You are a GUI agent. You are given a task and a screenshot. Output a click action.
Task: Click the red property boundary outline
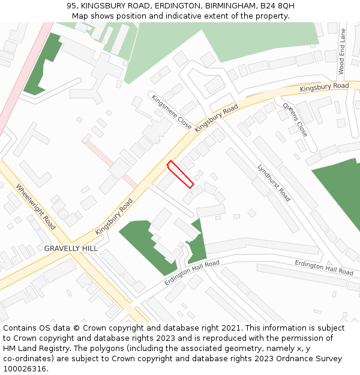coord(180,174)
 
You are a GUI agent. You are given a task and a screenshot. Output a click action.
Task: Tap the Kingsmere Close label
coord(171,112)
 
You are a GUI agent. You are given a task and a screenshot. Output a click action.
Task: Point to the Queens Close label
coord(295,119)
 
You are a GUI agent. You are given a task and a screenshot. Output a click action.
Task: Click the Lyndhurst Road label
coord(274,182)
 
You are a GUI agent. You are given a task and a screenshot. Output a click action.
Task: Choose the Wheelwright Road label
coord(37,206)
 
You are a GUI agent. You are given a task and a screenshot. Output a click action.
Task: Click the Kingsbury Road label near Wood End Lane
coord(324,88)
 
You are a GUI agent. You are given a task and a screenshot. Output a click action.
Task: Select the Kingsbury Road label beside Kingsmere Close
coord(217,118)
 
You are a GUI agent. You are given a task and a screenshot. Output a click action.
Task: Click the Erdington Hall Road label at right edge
coord(324,268)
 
